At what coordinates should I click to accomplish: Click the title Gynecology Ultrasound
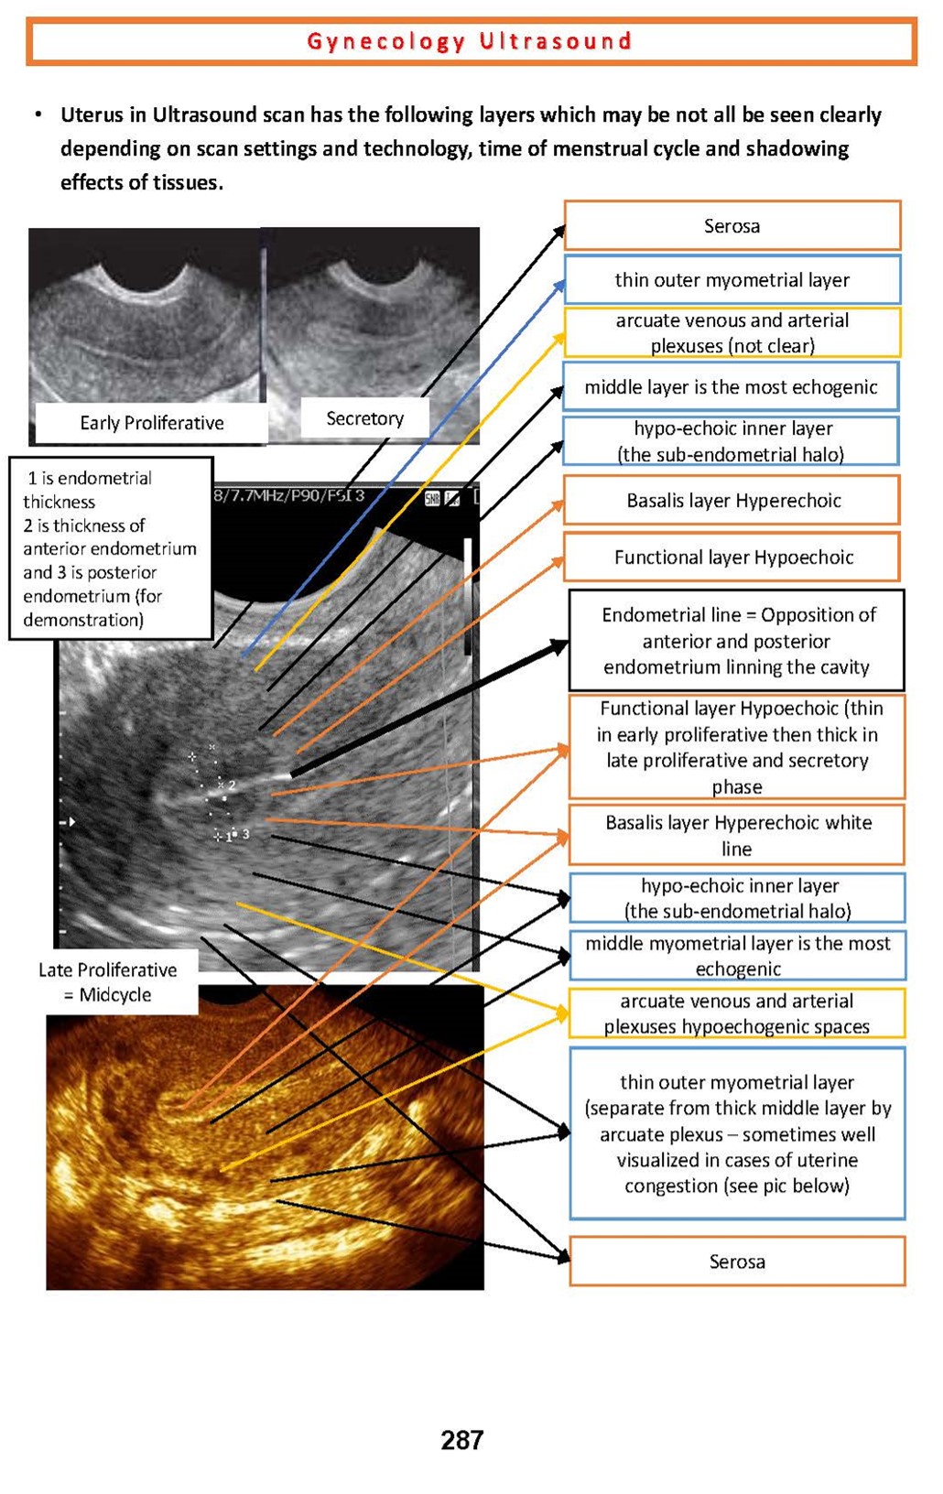tap(470, 41)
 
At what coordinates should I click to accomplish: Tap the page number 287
tap(461, 1440)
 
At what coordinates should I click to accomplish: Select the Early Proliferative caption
tap(151, 423)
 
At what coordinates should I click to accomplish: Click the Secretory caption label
tap(364, 418)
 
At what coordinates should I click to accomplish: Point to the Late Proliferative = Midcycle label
tap(108, 982)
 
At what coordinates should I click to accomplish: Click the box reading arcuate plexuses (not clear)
tap(732, 332)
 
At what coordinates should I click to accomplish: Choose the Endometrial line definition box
tap(736, 641)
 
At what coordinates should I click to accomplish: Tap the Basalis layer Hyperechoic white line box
tap(737, 835)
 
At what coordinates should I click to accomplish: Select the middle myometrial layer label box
tap(737, 956)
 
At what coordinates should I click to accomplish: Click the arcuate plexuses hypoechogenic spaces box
tap(737, 1013)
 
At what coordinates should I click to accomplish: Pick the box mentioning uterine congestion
tap(737, 1133)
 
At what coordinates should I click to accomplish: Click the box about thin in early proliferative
tap(737, 747)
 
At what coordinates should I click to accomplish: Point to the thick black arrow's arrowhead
tap(558, 647)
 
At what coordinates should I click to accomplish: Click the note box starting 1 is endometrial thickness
tap(110, 548)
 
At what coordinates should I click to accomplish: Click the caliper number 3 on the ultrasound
tap(245, 834)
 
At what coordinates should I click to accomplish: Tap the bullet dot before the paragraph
tap(38, 115)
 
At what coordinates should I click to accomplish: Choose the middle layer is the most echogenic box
tap(731, 387)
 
